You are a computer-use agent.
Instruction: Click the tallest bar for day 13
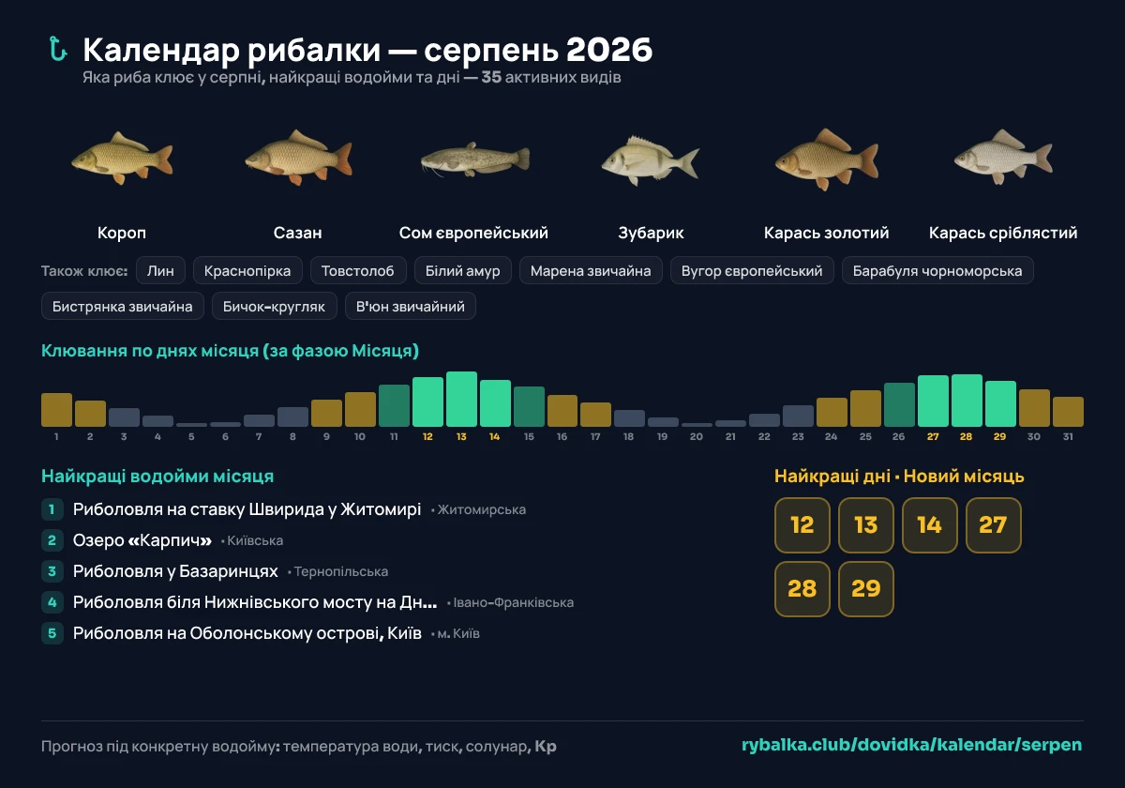(461, 399)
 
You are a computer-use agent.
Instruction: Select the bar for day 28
(967, 401)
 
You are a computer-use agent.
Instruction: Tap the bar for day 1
(56, 410)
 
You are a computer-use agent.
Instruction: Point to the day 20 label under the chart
(696, 436)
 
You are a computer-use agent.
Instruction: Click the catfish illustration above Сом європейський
(474, 159)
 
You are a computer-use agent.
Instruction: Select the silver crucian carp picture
(1003, 157)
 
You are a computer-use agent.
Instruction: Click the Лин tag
(160, 270)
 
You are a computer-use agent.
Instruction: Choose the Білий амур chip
(462, 270)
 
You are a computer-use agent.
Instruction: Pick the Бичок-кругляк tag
(274, 306)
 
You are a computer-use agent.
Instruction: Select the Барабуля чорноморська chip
(937, 270)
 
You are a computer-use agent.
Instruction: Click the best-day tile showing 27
(993, 524)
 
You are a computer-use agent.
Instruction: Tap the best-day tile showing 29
(866, 588)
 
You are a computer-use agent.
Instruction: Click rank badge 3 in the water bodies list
(52, 571)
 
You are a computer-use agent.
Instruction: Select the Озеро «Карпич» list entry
(142, 540)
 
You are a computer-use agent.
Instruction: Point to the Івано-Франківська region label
(514, 602)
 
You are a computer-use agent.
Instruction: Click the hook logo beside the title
(58, 49)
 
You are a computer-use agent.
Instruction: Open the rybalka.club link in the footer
(911, 745)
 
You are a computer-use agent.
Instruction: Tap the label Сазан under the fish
(297, 233)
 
